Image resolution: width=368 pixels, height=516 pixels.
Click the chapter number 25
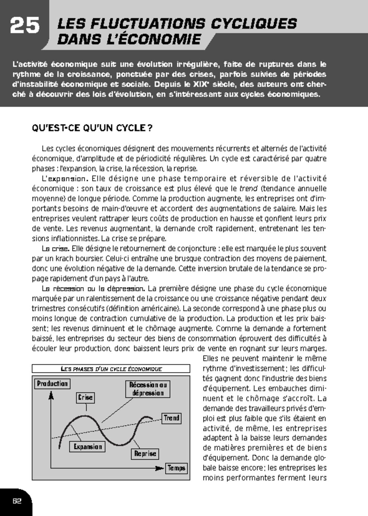pos(25,25)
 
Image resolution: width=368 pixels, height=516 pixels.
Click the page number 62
pos(17,501)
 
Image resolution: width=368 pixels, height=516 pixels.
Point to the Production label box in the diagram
pos(52,384)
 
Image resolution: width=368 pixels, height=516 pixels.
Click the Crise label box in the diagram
pos(85,397)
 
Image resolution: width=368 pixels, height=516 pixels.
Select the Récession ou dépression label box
pos(148,389)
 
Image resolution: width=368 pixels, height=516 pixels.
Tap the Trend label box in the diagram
pos(171,418)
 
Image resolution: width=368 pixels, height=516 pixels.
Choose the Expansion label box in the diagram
pos(87,447)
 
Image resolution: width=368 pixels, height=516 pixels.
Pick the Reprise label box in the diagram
pos(145,454)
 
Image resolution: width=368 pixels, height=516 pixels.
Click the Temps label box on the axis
pos(176,468)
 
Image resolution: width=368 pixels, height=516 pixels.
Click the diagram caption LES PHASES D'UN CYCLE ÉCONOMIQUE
pos(111,369)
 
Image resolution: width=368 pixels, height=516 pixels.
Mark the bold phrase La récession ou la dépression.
pos(93,289)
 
